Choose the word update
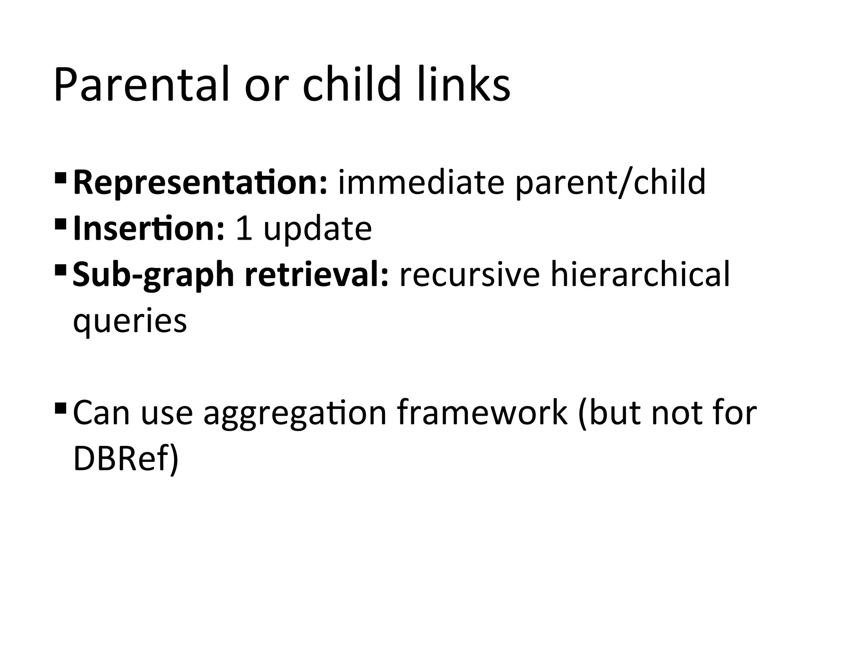tap(317, 229)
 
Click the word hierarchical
tap(640, 274)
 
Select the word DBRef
tap(122, 459)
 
